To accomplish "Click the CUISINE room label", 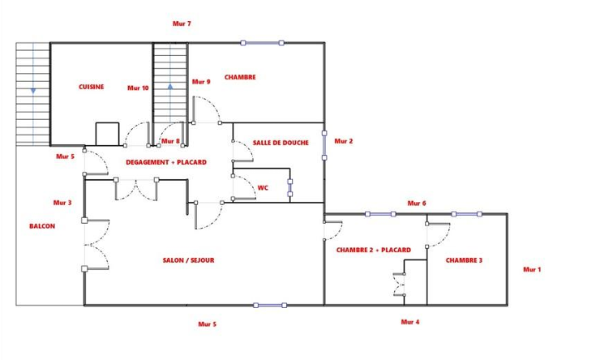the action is click(91, 87).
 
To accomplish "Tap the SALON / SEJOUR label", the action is click(188, 260).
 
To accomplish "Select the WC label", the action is click(263, 188).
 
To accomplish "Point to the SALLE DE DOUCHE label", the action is click(281, 143).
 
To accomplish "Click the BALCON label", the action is click(42, 226).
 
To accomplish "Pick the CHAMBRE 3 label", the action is click(464, 260).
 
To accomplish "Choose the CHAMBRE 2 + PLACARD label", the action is click(374, 251).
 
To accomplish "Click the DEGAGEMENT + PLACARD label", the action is click(166, 162).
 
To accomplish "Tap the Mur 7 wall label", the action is click(182, 24).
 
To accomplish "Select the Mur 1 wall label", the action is click(532, 270).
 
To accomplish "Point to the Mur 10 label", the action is click(138, 88).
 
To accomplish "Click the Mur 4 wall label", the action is click(410, 322).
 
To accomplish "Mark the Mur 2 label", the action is click(344, 141).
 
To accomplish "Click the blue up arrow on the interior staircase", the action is click(170, 87).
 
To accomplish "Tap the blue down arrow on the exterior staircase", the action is click(33, 91).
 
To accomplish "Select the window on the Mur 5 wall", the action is click(270, 306).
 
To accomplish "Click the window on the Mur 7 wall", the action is click(262, 43).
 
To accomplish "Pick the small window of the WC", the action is click(290, 188).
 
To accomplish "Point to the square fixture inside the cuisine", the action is click(107, 134).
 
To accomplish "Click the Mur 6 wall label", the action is click(417, 204).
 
